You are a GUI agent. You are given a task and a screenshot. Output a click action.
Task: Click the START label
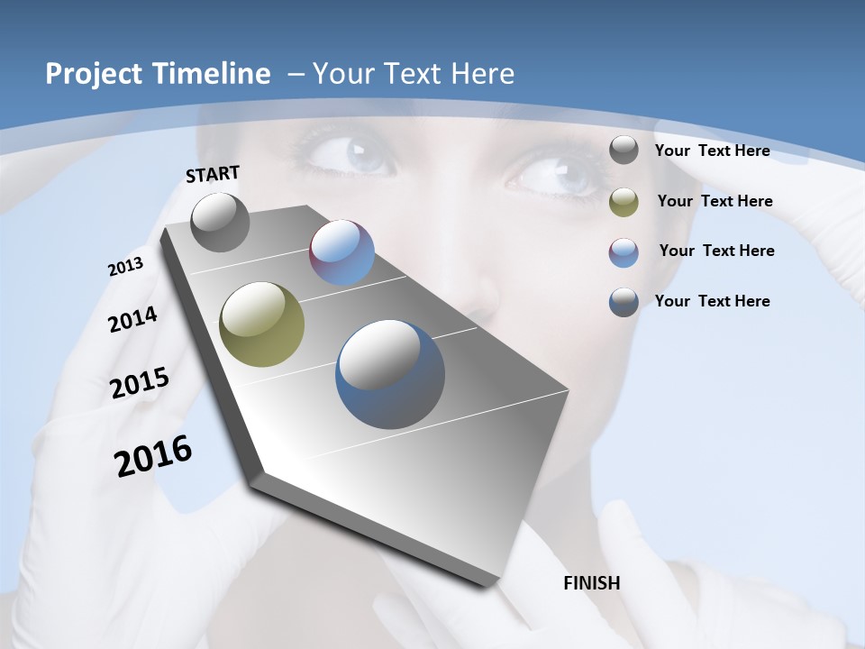point(213,174)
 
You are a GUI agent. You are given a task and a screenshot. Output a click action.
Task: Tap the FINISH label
point(592,583)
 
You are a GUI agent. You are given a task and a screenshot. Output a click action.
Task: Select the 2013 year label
point(125,267)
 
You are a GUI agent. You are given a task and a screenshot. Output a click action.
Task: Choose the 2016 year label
point(153,456)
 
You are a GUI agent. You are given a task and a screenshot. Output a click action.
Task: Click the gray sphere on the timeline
point(221,222)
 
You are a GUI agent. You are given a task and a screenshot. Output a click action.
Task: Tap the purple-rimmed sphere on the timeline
point(341,252)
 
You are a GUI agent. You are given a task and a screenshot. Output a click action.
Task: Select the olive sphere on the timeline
point(262,324)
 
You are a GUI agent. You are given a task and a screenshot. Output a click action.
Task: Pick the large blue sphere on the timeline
point(390,374)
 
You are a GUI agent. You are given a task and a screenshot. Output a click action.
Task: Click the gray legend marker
point(624,151)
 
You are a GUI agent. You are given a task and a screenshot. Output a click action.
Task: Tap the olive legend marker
point(624,202)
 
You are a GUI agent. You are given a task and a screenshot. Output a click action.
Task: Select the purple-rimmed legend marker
point(624,252)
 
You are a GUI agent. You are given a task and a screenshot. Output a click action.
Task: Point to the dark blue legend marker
point(624,302)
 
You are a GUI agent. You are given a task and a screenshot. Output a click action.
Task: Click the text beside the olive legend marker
point(715,201)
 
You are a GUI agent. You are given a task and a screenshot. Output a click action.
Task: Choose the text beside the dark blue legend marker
point(712,301)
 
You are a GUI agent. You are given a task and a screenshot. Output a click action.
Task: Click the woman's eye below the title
point(351,153)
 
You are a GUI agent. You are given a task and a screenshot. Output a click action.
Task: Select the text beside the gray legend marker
point(712,151)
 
